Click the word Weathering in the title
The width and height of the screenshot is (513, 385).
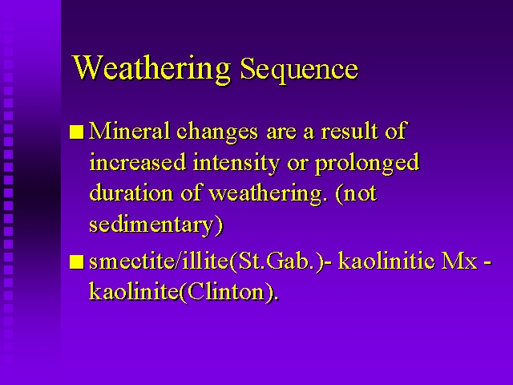pos(152,68)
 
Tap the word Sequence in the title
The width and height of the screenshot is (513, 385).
pos(299,69)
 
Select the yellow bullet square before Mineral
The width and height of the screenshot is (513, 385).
pos(77,132)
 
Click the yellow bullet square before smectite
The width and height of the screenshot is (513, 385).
pos(77,262)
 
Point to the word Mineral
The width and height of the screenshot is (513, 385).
pos(129,131)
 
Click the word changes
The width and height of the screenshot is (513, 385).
pos(217,132)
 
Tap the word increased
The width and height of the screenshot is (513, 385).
pos(137,161)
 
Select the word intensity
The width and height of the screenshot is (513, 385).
pos(236,163)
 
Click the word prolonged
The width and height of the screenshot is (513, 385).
pos(367,163)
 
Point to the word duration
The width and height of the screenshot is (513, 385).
pos(131,192)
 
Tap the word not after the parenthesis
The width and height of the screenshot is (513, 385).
pos(360,194)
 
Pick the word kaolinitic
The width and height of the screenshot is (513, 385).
pos(386,261)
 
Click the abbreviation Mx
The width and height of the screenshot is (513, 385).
pos(459,261)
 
